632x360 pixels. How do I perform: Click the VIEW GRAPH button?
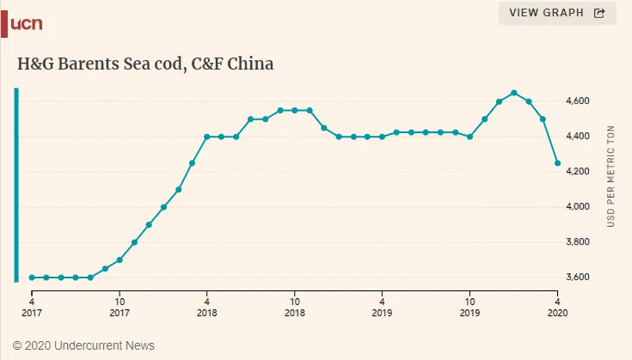click(557, 13)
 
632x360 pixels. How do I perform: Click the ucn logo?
click(24, 23)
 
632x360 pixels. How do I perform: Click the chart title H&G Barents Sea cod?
click(145, 64)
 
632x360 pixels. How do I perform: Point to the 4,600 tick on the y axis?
click(578, 101)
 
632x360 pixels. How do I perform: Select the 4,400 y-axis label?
click(578, 137)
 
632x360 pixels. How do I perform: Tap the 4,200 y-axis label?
click(578, 172)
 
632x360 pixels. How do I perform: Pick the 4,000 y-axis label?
click(578, 207)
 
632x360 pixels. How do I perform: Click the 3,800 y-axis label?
click(578, 242)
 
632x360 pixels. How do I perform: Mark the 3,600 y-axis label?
click(578, 278)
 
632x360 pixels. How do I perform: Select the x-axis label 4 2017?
click(32, 308)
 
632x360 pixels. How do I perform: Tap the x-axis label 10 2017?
click(120, 308)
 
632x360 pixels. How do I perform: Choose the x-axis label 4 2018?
click(207, 308)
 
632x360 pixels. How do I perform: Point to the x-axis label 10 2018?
click(294, 308)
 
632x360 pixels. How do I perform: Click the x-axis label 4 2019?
click(382, 308)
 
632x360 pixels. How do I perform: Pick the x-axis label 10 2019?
click(469, 308)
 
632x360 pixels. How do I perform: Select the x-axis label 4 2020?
click(557, 308)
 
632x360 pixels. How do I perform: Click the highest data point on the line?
click(513, 93)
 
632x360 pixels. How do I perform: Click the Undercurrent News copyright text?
click(84, 345)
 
